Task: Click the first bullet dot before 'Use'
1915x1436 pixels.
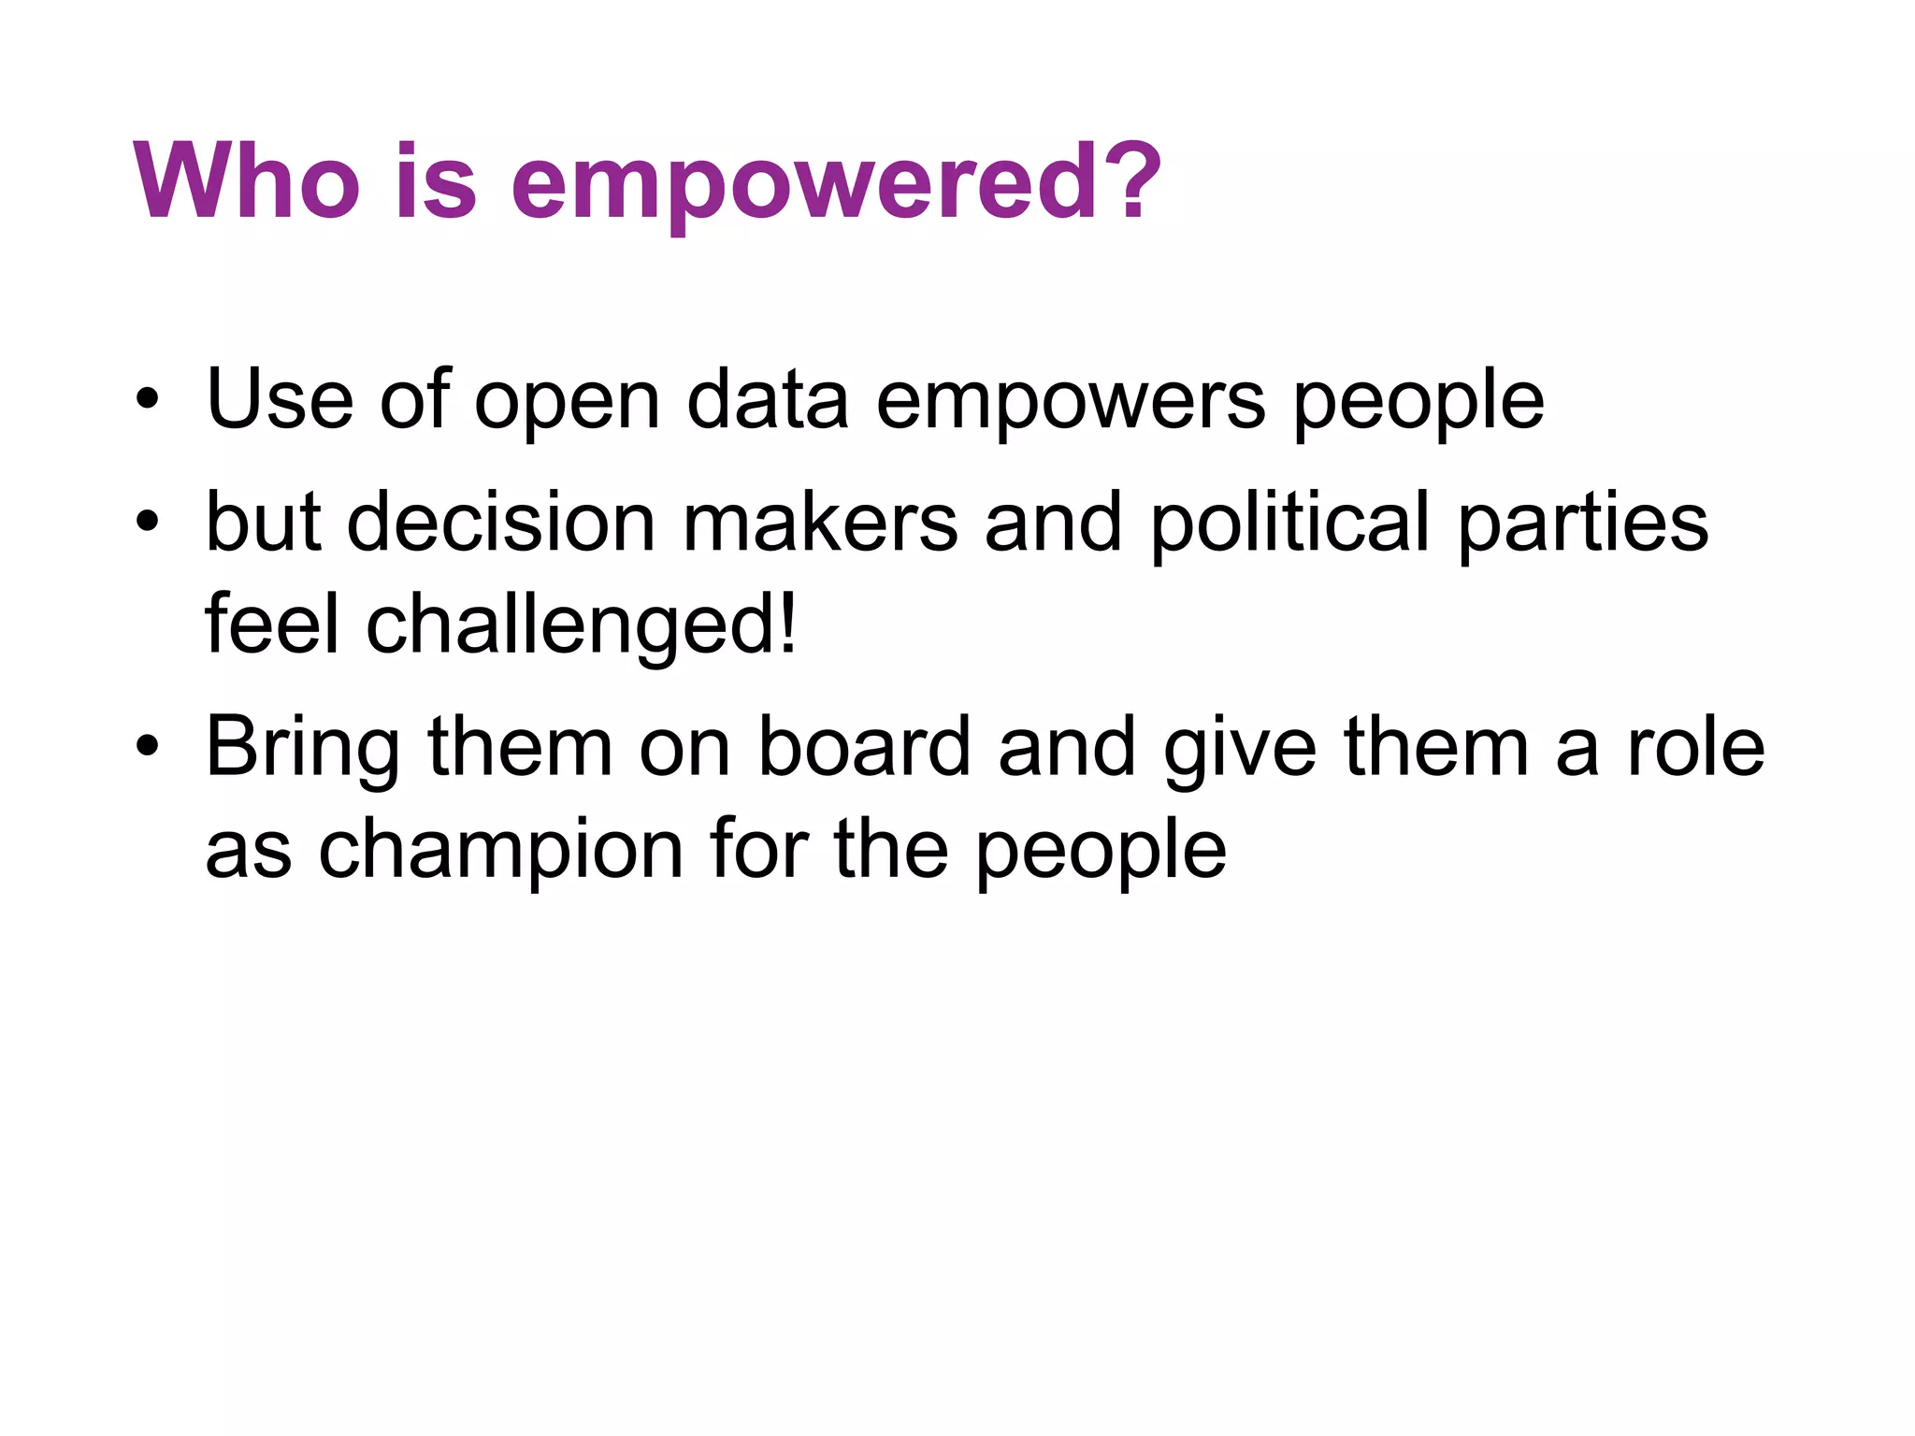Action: (x=147, y=402)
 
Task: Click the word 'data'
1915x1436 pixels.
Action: (x=767, y=400)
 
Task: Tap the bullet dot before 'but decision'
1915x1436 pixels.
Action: (x=147, y=524)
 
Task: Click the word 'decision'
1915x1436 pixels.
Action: (x=501, y=523)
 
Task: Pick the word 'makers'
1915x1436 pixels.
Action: (x=820, y=523)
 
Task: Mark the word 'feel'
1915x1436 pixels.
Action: (x=272, y=624)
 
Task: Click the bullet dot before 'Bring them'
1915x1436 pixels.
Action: (x=147, y=749)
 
